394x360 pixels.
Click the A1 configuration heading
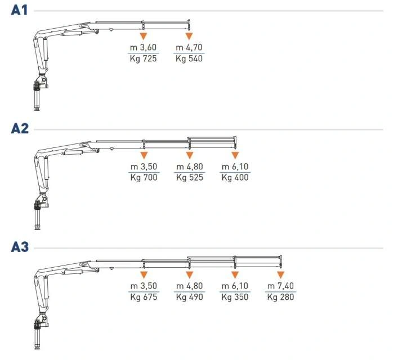click(x=19, y=10)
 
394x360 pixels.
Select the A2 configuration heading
click(x=20, y=128)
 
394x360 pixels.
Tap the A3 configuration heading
click(x=20, y=246)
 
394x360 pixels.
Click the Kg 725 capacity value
click(x=143, y=58)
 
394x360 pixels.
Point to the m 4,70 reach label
click(x=189, y=47)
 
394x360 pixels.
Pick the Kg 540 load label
click(x=189, y=58)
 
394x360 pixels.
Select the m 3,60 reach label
click(x=143, y=47)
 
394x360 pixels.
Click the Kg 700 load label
click(x=144, y=178)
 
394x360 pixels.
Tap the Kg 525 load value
click(x=190, y=178)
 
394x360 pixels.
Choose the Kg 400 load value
click(x=235, y=178)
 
